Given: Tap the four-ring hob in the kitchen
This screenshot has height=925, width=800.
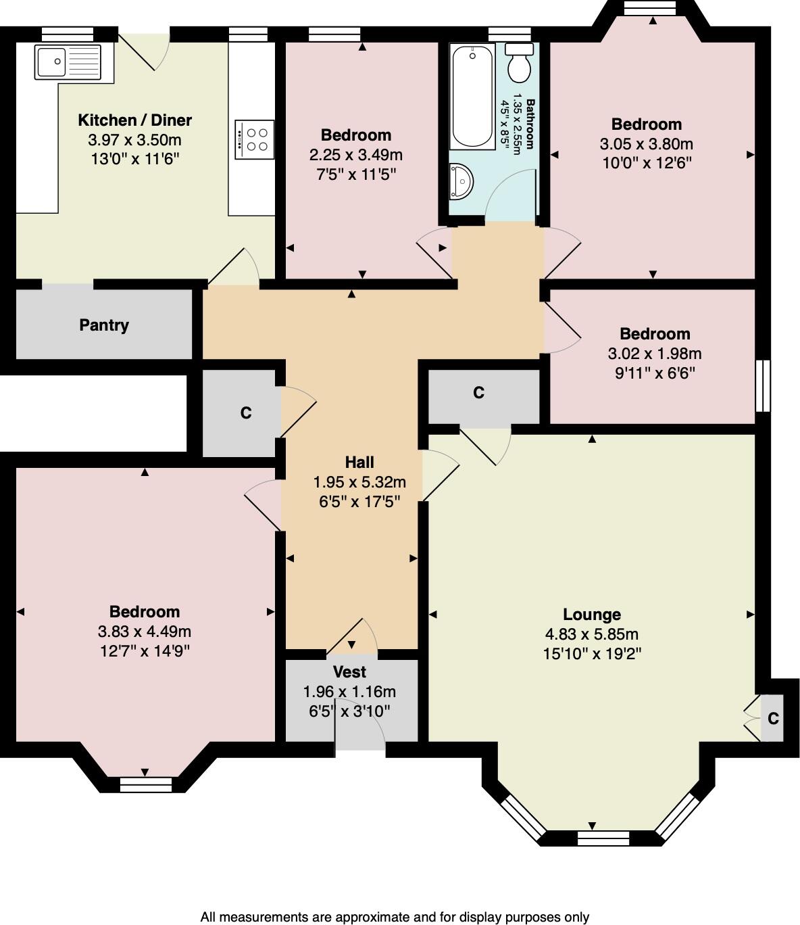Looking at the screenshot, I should (x=255, y=139).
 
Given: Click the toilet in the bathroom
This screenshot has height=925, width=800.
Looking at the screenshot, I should (x=520, y=62).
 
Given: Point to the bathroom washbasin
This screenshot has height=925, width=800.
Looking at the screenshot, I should (x=461, y=181).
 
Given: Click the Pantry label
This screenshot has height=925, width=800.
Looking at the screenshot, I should (x=104, y=325).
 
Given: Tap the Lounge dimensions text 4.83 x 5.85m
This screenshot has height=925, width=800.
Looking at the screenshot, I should (x=591, y=634).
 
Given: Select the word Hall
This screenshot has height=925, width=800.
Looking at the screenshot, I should (x=359, y=462).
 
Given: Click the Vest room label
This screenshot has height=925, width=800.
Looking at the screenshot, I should (x=349, y=672).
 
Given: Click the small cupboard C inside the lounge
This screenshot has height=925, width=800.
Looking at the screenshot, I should (x=773, y=718).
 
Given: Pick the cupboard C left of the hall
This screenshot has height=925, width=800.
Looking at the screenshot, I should (x=245, y=412).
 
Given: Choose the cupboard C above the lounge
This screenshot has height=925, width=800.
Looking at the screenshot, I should (x=478, y=393).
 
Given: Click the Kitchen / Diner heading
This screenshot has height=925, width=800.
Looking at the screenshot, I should (x=134, y=120).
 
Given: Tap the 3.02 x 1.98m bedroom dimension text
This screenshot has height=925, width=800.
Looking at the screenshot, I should (x=655, y=354).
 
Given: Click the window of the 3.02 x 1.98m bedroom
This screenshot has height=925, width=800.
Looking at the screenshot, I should (x=762, y=385).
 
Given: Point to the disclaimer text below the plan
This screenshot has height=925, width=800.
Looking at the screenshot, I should (x=395, y=917).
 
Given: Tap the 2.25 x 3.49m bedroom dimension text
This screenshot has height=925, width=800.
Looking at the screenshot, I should (x=355, y=155).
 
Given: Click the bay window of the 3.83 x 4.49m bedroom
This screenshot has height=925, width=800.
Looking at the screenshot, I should (x=145, y=784).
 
